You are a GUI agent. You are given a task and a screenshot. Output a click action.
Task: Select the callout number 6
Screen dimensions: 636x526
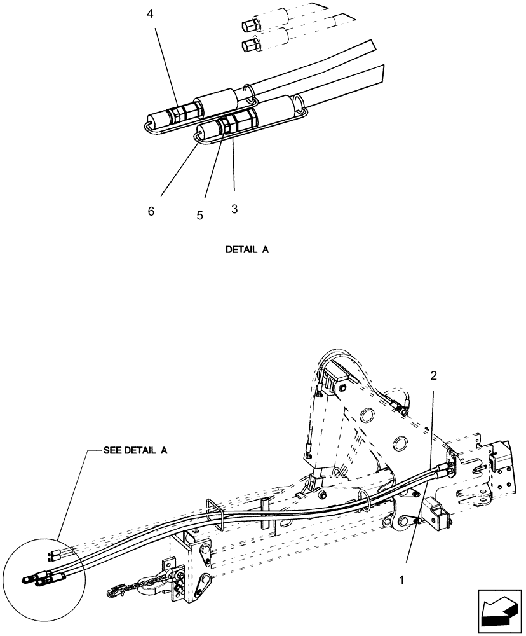pyautogui.click(x=151, y=211)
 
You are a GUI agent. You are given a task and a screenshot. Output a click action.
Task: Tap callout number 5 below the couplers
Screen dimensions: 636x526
pyautogui.click(x=199, y=215)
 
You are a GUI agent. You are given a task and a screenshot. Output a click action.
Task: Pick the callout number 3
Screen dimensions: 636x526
pyautogui.click(x=234, y=209)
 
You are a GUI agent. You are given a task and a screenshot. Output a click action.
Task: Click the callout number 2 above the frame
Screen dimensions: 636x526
pyautogui.click(x=434, y=375)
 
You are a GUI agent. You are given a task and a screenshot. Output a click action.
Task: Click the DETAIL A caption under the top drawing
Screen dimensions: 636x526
pyautogui.click(x=247, y=250)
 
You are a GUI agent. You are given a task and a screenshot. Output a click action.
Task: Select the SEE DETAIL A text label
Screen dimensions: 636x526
pyautogui.click(x=135, y=450)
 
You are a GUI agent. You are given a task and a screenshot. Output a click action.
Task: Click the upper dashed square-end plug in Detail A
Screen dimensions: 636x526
pyautogui.click(x=248, y=26)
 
